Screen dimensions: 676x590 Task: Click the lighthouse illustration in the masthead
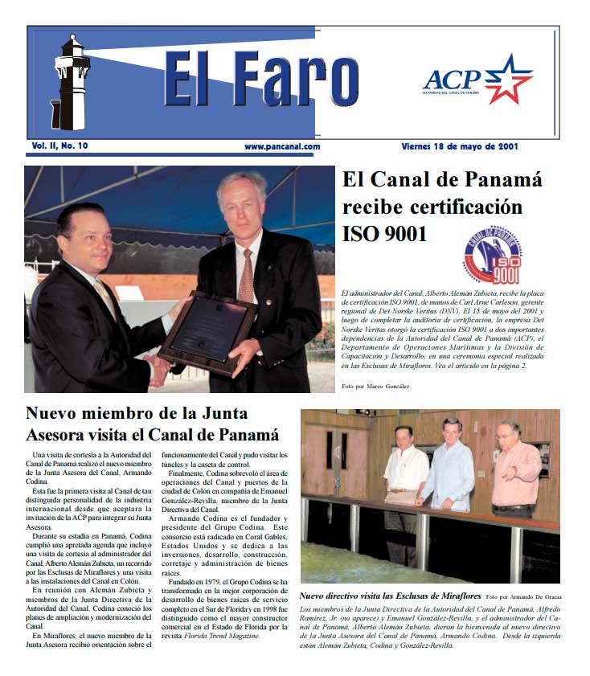pos(71,80)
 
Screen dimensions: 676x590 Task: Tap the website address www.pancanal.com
pos(283,146)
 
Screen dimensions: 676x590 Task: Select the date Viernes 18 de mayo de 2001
pos(459,146)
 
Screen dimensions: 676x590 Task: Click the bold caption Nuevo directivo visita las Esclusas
pos(390,596)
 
